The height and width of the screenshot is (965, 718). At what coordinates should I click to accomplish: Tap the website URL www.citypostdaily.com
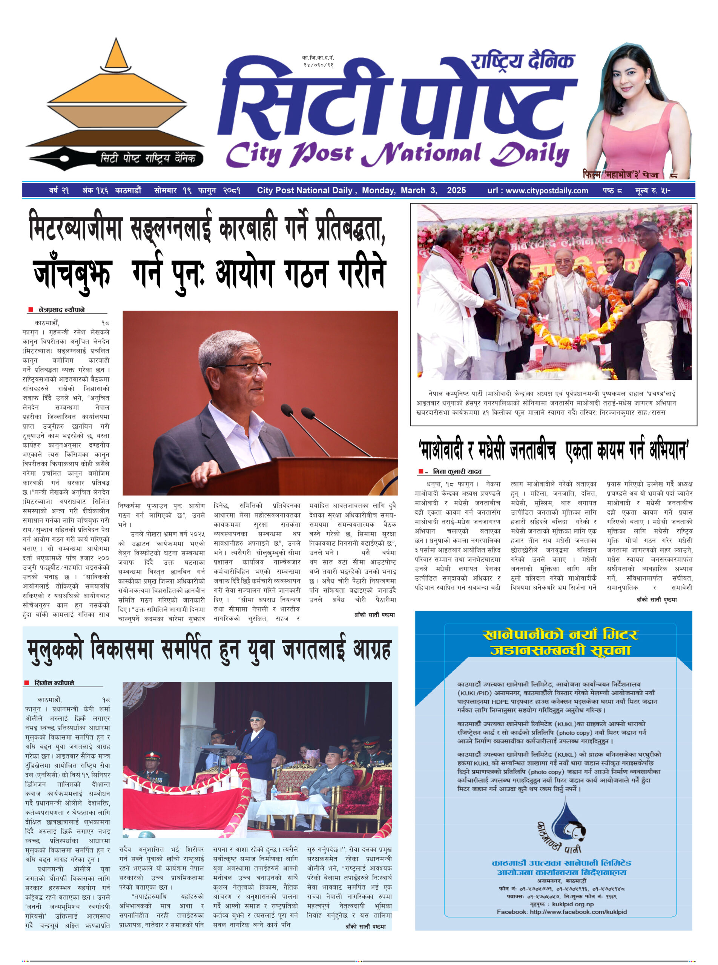coord(547,190)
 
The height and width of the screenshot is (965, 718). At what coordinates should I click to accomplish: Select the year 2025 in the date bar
coord(456,190)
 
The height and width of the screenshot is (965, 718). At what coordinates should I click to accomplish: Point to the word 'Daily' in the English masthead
coord(531,154)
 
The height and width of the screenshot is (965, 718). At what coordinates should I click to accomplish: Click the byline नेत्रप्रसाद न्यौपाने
coord(62,310)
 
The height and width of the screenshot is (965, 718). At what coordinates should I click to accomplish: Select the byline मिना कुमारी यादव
coord(457,472)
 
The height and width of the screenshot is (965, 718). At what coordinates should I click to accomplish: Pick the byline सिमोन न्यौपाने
coord(54,683)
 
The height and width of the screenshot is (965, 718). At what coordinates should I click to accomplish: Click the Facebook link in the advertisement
coord(562,911)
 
